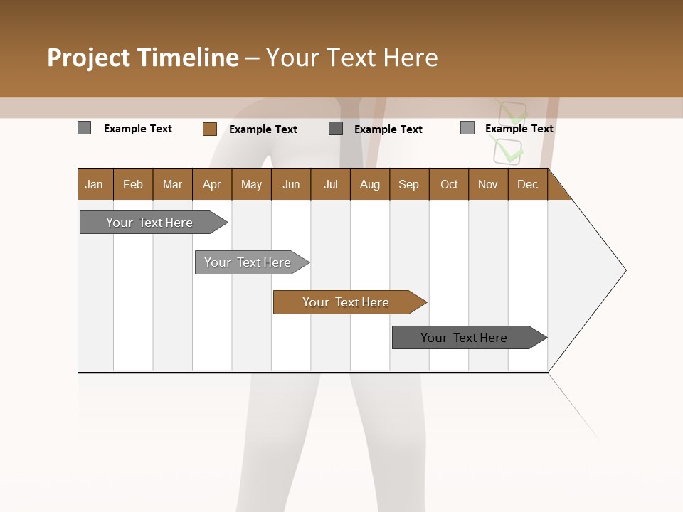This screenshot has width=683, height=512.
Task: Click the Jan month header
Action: pyautogui.click(x=94, y=185)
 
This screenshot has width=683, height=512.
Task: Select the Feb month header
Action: pyautogui.click(x=133, y=185)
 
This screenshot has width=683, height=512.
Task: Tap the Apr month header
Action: pyautogui.click(x=211, y=185)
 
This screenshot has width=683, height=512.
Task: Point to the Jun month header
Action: pyautogui.click(x=291, y=185)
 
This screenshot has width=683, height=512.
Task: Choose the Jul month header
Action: pyautogui.click(x=330, y=185)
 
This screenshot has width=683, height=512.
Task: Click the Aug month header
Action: pyautogui.click(x=369, y=185)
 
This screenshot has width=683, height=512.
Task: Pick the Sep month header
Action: pyautogui.click(x=408, y=185)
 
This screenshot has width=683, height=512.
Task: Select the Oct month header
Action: pyautogui.click(x=449, y=185)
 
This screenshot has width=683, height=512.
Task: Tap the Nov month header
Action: pyautogui.click(x=487, y=185)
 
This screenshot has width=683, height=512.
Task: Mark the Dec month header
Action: pyautogui.click(x=527, y=185)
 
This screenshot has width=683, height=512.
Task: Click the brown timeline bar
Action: pyautogui.click(x=346, y=302)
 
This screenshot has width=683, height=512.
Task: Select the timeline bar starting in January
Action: pyautogui.click(x=149, y=223)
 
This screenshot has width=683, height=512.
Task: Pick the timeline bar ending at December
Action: pyautogui.click(x=464, y=338)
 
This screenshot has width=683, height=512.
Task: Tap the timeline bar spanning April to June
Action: pyautogui.click(x=248, y=262)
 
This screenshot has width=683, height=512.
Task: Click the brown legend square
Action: pyautogui.click(x=209, y=129)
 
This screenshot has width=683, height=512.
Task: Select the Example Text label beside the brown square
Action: pyautogui.click(x=263, y=129)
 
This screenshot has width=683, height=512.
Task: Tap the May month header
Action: pyautogui.click(x=251, y=185)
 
